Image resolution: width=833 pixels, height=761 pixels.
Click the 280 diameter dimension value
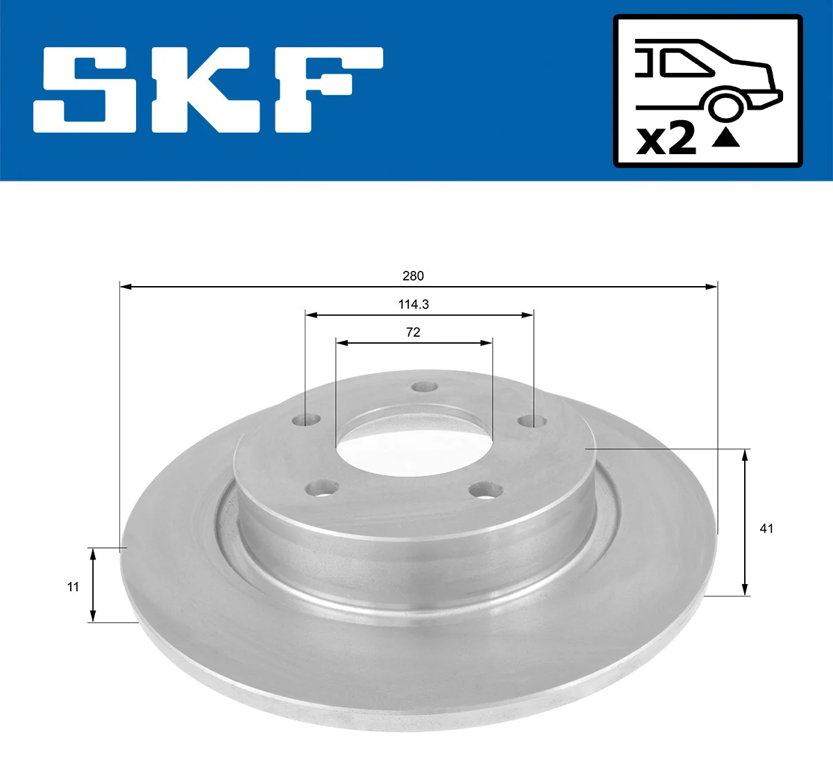(413, 276)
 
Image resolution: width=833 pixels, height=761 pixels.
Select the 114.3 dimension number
(413, 304)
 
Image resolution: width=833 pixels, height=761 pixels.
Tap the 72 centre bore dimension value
(413, 332)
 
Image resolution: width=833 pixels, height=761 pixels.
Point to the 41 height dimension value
(766, 528)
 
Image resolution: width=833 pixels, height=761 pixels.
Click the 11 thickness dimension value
(73, 587)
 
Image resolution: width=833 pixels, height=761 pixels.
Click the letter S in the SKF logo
(85, 90)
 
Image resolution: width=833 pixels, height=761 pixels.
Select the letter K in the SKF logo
(206, 90)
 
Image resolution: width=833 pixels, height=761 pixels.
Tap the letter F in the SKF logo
(326, 90)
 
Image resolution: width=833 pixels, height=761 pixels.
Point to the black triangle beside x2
(726, 139)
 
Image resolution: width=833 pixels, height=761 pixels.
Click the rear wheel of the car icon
(725, 106)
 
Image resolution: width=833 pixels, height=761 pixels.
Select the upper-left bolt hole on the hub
(306, 420)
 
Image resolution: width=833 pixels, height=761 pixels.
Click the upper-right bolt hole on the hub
(532, 420)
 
